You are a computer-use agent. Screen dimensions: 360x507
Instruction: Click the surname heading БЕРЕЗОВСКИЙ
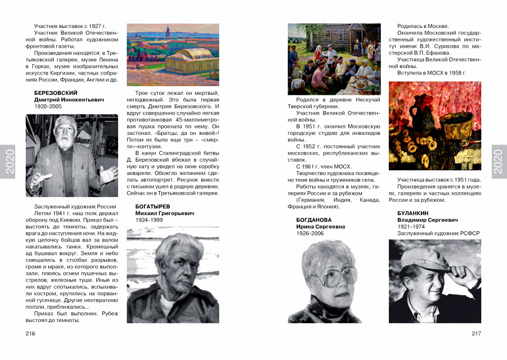point(56,93)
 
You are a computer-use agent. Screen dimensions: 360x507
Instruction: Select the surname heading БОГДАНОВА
point(313,220)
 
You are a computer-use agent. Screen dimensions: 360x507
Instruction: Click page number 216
point(30,333)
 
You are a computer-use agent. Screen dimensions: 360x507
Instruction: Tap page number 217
point(476,333)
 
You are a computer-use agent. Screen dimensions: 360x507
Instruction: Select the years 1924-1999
point(149,221)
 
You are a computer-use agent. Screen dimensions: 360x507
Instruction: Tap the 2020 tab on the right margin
point(499,161)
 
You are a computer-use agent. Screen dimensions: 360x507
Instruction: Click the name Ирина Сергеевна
point(320,227)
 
